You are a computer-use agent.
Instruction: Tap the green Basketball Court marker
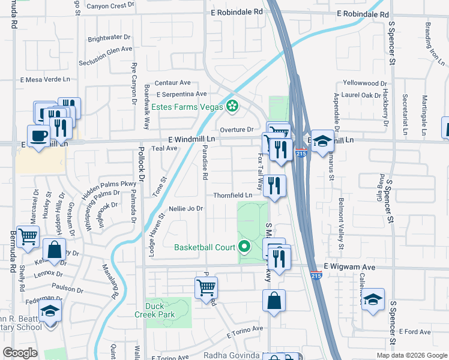244,247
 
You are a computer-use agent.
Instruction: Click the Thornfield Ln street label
233,196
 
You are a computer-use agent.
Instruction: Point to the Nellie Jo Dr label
187,209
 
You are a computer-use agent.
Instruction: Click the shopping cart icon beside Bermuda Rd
28,237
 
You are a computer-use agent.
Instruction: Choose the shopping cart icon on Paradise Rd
206,287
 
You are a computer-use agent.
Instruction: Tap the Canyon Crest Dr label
110,6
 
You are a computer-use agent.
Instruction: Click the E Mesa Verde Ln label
46,79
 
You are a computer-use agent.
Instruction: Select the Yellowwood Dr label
365,83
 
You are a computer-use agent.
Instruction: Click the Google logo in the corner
20,353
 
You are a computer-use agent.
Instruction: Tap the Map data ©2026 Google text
412,355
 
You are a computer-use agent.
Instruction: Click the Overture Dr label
237,130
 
